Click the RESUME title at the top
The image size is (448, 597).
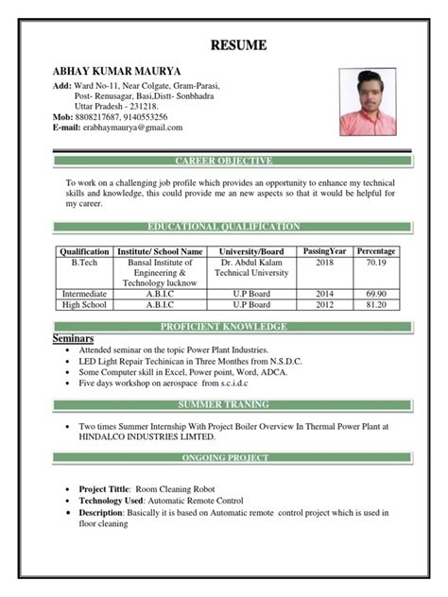click(x=237, y=45)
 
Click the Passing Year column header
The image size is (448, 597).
click(x=325, y=250)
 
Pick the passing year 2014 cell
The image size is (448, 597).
click(x=325, y=294)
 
